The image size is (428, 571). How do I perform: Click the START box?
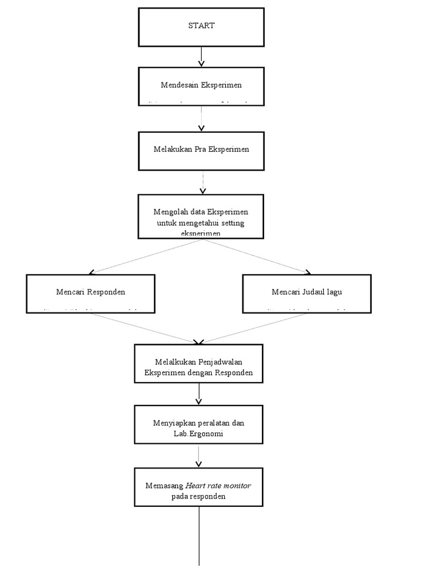click(x=201, y=27)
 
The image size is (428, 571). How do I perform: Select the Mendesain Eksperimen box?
click(x=201, y=86)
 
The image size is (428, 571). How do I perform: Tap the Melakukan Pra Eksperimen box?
click(x=201, y=150)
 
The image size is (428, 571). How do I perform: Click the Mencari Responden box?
click(x=90, y=293)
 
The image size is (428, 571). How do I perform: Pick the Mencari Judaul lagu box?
click(x=307, y=293)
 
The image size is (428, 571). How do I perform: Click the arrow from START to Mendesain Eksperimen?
click(x=201, y=57)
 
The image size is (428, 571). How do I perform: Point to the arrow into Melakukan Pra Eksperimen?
click(x=201, y=119)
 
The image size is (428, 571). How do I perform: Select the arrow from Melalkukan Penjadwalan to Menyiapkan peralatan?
click(x=199, y=393)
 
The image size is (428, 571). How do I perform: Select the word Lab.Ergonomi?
click(x=199, y=433)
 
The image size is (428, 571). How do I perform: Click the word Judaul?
click(x=313, y=292)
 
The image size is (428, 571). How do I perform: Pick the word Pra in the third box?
click(x=201, y=150)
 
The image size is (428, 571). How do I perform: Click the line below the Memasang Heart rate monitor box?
click(x=199, y=535)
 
